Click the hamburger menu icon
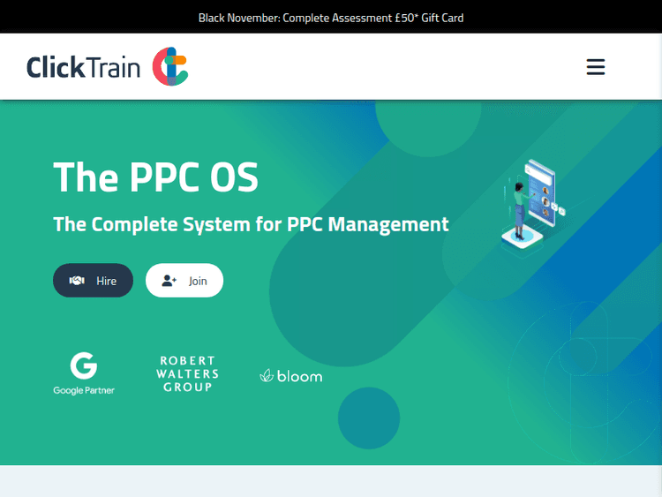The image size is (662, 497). coord(596,67)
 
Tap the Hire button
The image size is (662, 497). coord(93,281)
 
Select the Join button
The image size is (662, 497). coord(184,281)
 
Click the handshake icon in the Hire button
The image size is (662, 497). coord(77,281)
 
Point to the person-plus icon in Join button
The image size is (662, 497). coord(169,281)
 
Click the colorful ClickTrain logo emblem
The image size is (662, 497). coord(170,67)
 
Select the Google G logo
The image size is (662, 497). coord(84,365)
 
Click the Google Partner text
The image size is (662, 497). coord(84,390)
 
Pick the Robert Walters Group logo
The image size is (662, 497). coord(187,374)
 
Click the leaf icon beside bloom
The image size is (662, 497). coord(266,376)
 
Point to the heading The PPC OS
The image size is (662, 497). coord(156,177)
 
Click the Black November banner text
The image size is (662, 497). coord(330,18)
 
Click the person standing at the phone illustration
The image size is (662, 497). coord(519,208)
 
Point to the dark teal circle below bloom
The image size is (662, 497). coord(369,418)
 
